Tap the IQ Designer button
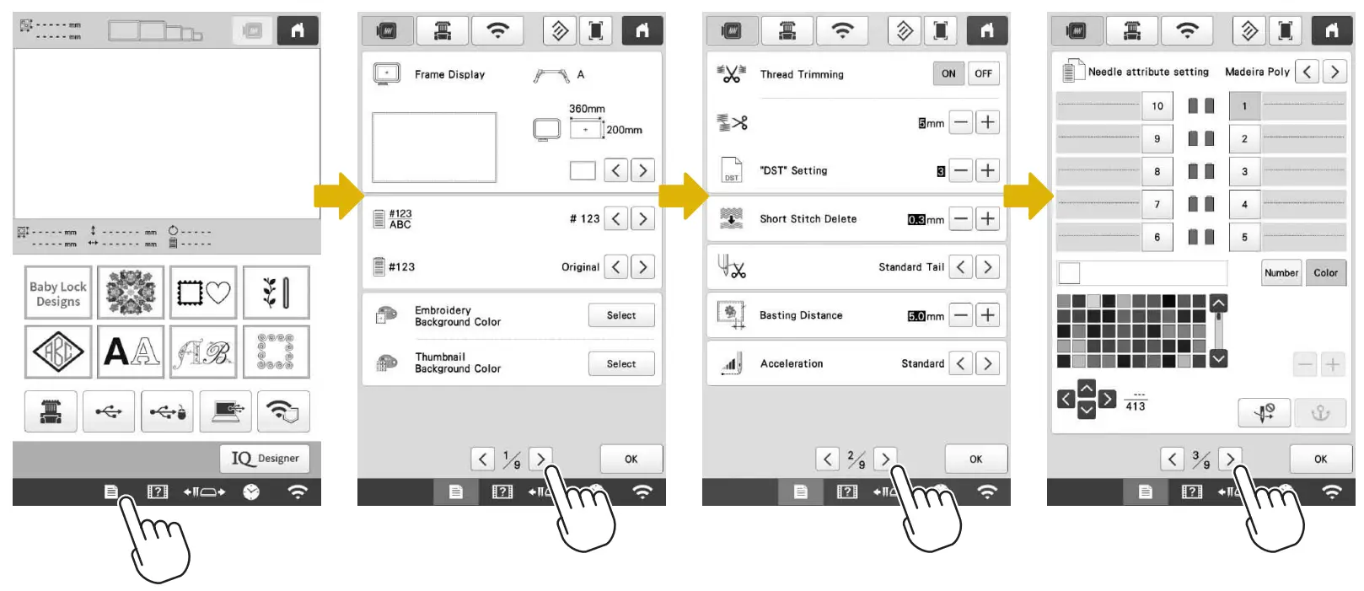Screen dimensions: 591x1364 [x=266, y=459]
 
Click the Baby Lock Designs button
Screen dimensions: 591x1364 [x=58, y=293]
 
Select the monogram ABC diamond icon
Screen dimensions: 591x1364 [x=58, y=352]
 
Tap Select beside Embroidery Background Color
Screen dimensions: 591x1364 [x=621, y=315]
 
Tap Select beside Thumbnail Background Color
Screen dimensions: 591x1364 [x=621, y=364]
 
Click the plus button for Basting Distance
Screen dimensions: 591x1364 [x=987, y=315]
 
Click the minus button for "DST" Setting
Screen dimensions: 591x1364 [x=961, y=170]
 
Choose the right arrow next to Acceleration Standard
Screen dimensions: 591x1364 [x=987, y=363]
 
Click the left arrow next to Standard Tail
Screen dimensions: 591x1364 [x=961, y=267]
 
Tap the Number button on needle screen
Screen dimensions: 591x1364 [x=1281, y=272]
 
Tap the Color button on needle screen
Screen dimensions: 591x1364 [x=1325, y=272]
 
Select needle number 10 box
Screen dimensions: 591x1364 [x=1157, y=106]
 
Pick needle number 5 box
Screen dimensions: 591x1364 [x=1244, y=238]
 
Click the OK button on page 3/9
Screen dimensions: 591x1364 [x=1320, y=459]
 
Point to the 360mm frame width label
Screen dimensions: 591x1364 [x=587, y=109]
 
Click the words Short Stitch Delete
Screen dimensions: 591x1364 [x=808, y=219]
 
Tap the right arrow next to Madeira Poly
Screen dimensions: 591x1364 [x=1334, y=72]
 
